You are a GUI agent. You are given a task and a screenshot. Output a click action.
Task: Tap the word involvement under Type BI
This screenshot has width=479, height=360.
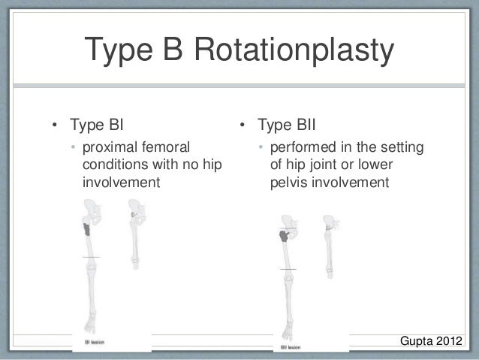click(x=121, y=181)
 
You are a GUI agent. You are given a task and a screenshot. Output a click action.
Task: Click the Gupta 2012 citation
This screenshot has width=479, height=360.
click(x=431, y=343)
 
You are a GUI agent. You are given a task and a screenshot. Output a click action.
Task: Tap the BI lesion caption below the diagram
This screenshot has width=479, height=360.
click(x=93, y=340)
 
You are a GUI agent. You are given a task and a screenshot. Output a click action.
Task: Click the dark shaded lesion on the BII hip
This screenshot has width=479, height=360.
click(x=286, y=237)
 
